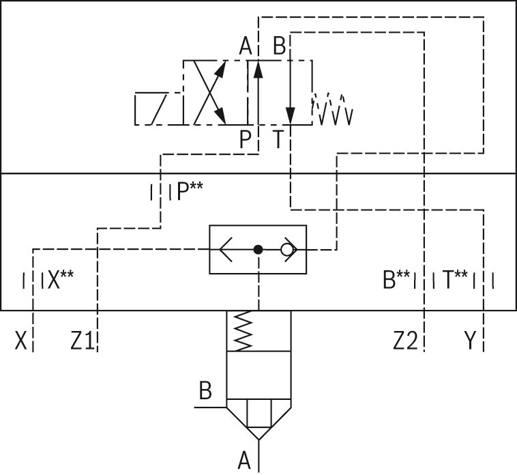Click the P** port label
coord(190,191)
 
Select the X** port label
coord(61,280)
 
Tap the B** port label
coord(396,279)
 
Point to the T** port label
coord(455,279)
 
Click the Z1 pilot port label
coord(83,341)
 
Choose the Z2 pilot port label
coord(406,341)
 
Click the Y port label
coord(470,341)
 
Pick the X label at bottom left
coord(20,341)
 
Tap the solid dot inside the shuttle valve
coord(258,250)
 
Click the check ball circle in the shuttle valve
coord(286,250)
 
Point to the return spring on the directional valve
coord(332,109)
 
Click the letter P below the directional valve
coord(245,139)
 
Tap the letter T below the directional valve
coord(278,139)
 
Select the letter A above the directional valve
coord(246,46)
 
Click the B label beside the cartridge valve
coord(205,390)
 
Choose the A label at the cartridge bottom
coord(244,460)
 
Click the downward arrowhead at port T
coord(291,116)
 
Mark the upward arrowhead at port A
coord(258,70)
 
